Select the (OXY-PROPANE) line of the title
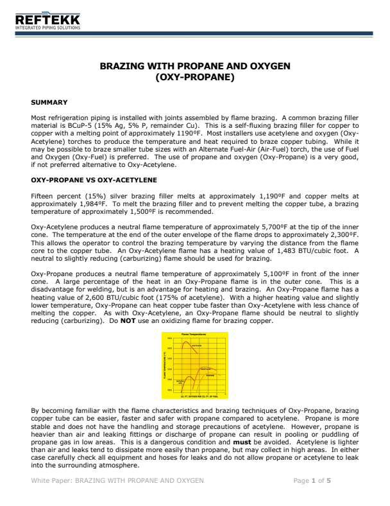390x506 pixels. pos(195,78)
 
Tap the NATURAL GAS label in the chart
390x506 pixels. pos(180,383)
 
